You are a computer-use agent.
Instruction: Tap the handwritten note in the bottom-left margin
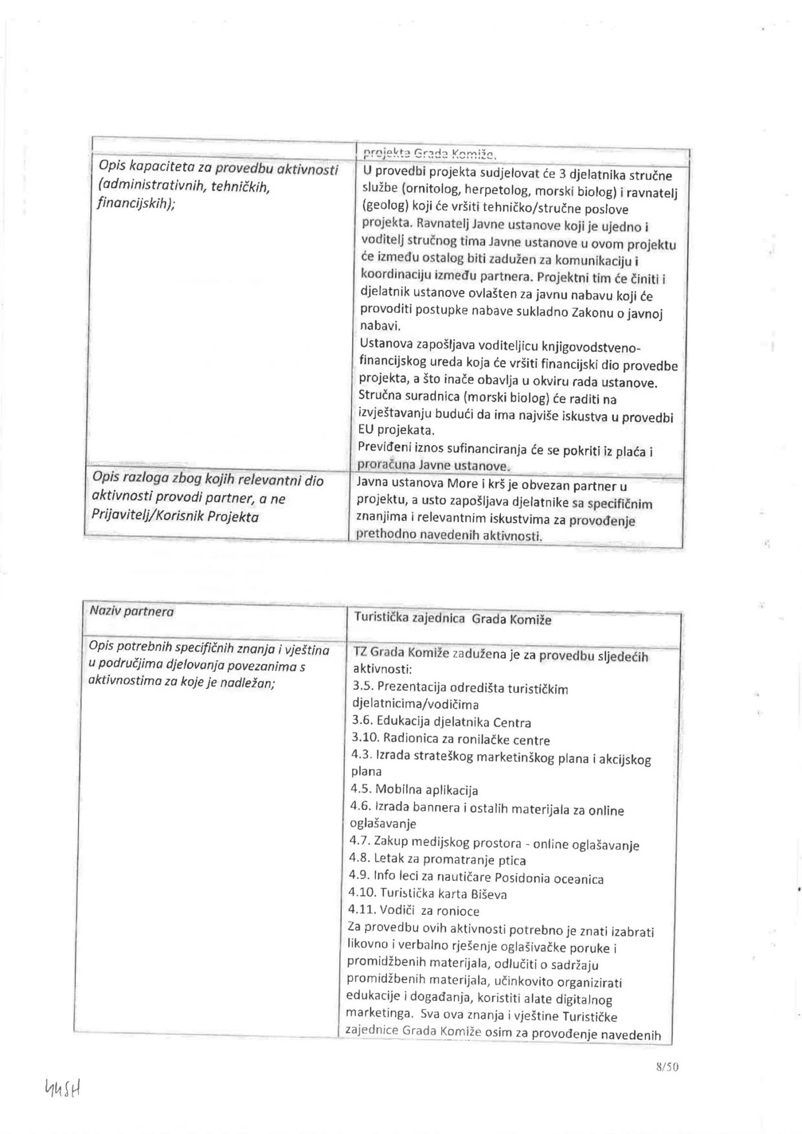click(x=63, y=1091)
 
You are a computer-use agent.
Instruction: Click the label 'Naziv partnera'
click(x=131, y=612)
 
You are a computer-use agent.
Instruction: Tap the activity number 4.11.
click(x=363, y=911)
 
